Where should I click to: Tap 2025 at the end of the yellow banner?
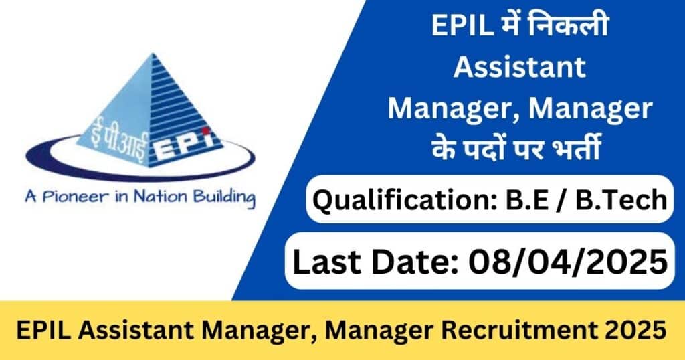pos(633,331)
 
